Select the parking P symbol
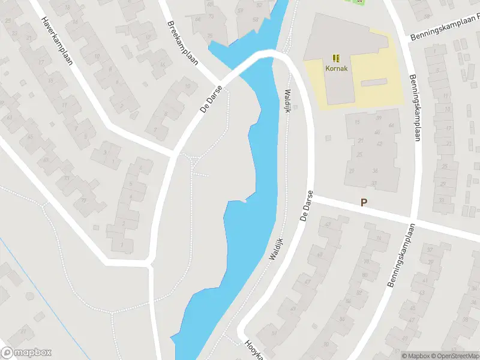point(364,203)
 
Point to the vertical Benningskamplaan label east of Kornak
point(414,108)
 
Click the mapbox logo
point(26,353)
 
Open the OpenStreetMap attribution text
point(457,356)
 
